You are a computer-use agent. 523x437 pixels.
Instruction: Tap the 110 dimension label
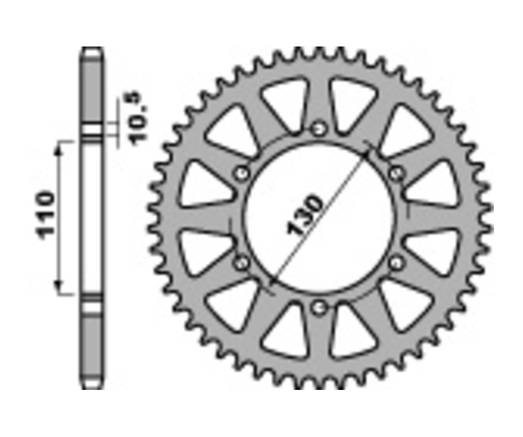[x=46, y=213]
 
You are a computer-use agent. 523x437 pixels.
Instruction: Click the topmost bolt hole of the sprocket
[x=318, y=128]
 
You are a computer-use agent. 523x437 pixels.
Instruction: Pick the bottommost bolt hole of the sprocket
[x=318, y=307]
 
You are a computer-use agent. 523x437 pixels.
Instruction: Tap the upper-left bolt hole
[x=241, y=173]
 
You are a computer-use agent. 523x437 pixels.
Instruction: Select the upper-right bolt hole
[x=396, y=173]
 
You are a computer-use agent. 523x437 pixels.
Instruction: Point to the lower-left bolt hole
[x=241, y=263]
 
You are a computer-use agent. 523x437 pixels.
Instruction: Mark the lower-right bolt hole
[x=396, y=263]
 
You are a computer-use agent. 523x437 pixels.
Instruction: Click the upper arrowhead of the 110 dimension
[x=58, y=149]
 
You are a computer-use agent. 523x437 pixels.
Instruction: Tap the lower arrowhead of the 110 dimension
[x=58, y=286]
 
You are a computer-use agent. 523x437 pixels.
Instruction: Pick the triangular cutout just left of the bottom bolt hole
[x=286, y=333]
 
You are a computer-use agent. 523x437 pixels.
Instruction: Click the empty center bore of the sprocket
[x=318, y=218]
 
